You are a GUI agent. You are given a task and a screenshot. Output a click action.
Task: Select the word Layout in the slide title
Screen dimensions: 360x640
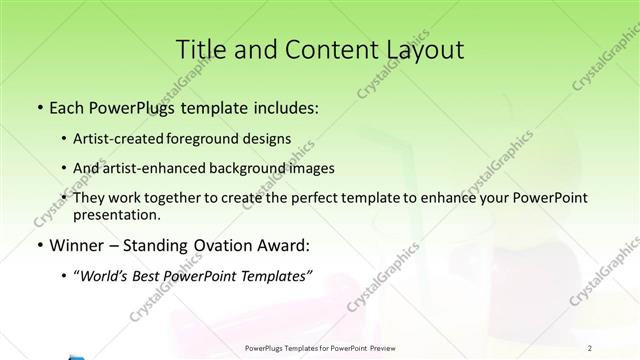[x=421, y=50]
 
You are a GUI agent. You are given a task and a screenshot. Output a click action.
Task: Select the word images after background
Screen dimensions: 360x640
[x=310, y=168]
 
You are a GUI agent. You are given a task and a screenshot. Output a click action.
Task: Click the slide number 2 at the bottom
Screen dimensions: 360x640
[x=591, y=348]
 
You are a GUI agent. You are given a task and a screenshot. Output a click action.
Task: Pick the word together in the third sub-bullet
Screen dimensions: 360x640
[x=168, y=198]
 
